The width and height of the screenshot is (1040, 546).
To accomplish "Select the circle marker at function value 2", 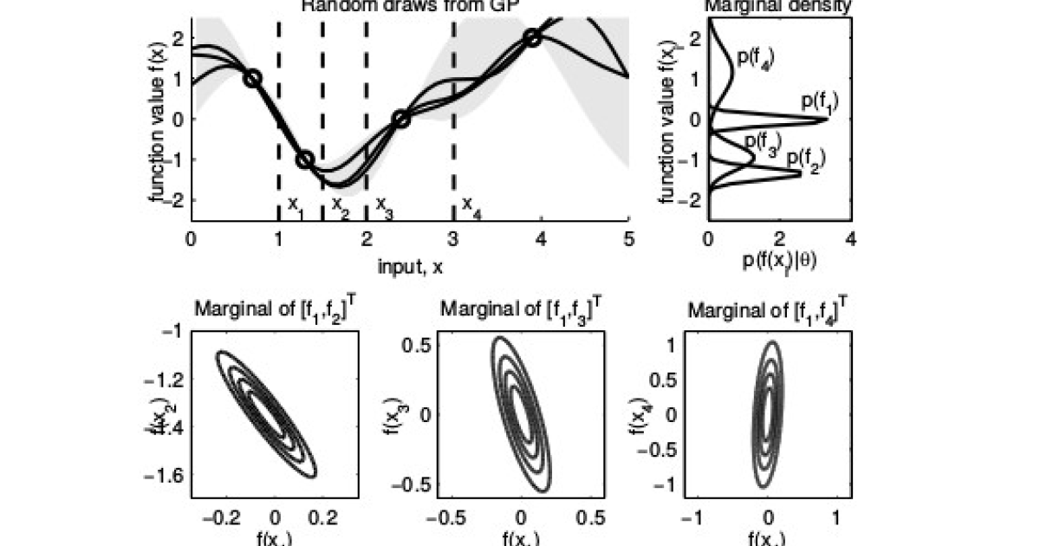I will point(532,37).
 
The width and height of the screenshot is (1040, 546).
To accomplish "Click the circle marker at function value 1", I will point(252,78).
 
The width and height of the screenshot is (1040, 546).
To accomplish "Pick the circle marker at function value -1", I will point(305,160).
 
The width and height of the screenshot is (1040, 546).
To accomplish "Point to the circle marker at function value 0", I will point(401,119).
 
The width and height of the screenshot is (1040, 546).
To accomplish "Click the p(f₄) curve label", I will point(754,58).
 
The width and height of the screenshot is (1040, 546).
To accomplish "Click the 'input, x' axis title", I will point(410,268).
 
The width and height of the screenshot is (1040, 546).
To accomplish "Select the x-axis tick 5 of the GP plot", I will point(629,237).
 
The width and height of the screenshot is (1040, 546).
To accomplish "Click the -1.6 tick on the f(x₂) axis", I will point(176,476).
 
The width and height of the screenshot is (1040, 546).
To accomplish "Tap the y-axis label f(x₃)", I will point(392,413).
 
